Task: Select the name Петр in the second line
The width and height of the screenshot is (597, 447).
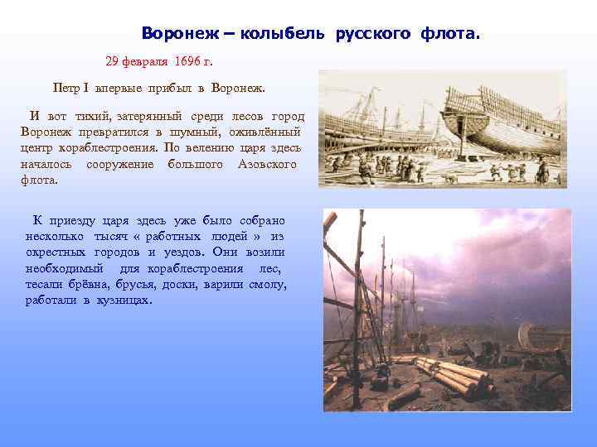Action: pyautogui.click(x=66, y=87)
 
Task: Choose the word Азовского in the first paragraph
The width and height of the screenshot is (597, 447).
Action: pyautogui.click(x=267, y=164)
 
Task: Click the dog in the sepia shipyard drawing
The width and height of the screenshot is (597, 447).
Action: pyautogui.click(x=449, y=177)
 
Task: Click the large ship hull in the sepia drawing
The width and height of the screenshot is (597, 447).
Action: pyautogui.click(x=498, y=124)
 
